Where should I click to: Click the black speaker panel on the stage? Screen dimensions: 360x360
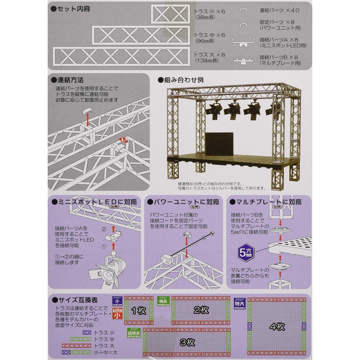pos(220,144)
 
